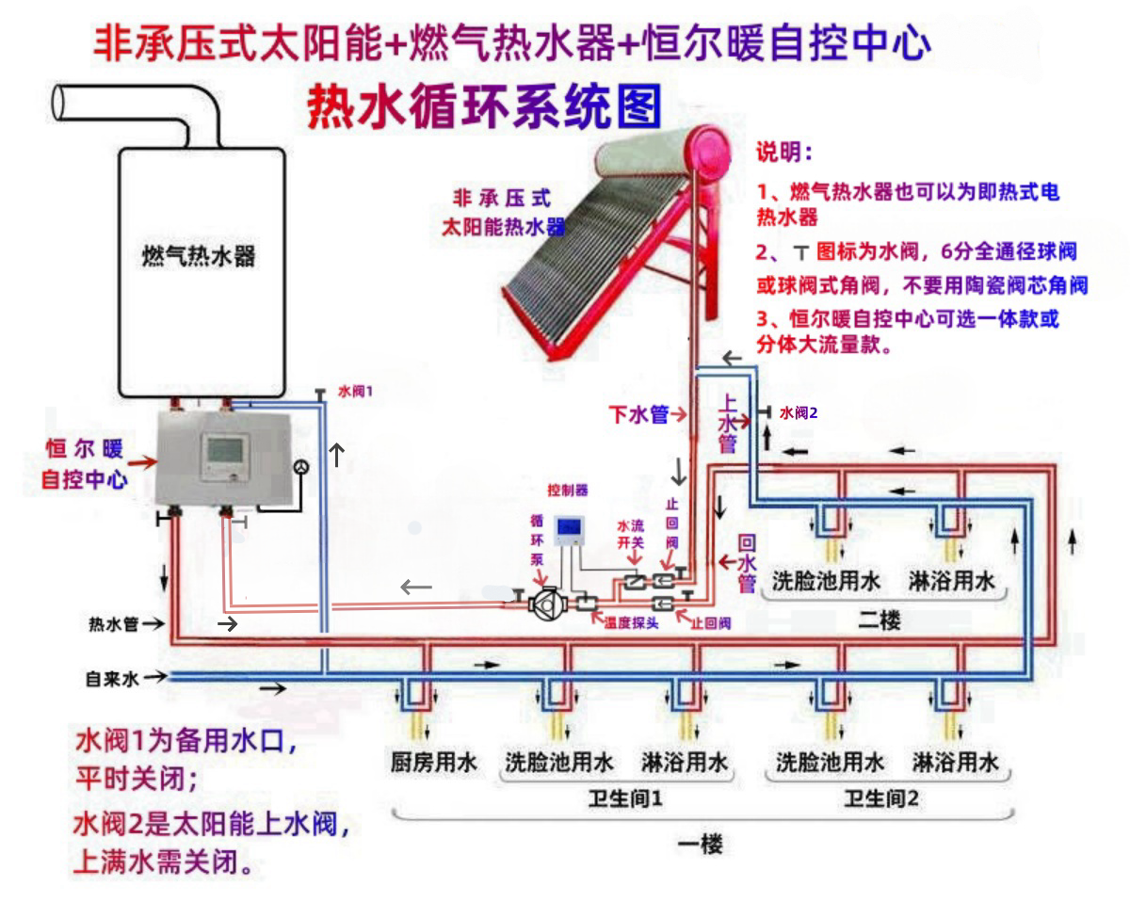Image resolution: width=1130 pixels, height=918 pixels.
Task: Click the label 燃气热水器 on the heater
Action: point(199,257)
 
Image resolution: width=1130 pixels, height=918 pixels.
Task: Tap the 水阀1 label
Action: point(355,390)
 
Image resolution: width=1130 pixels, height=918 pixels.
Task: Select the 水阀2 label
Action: point(799,412)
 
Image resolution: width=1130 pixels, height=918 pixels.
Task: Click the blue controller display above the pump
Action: point(569,531)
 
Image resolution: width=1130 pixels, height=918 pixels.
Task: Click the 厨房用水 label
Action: point(434,762)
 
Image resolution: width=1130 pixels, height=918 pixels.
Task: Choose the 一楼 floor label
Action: point(701,845)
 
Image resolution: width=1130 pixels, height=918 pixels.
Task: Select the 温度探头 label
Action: point(630,623)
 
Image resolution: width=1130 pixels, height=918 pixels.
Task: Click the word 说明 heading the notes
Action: point(784,153)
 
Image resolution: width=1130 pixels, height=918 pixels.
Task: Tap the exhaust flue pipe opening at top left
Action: point(64,102)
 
